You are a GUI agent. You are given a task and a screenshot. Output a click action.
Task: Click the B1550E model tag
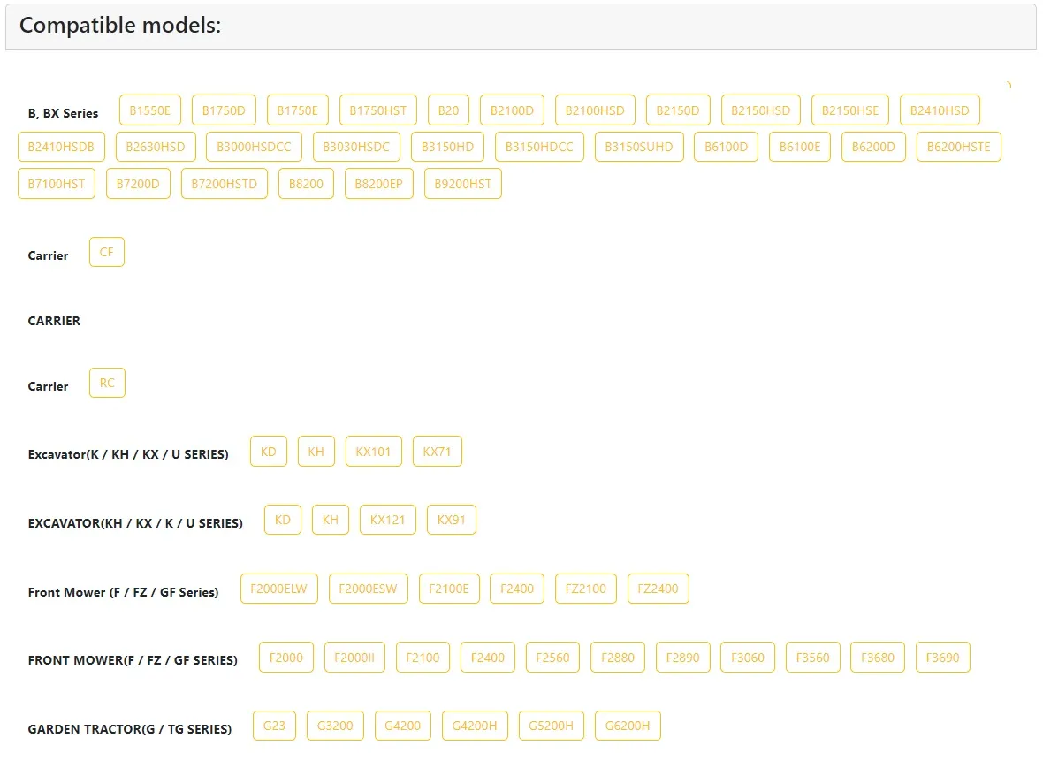click(x=150, y=110)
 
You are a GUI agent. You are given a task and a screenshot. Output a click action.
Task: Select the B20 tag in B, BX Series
click(x=448, y=110)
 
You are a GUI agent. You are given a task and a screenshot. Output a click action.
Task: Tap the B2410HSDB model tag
click(x=61, y=147)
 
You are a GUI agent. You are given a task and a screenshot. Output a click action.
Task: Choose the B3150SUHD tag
click(x=638, y=147)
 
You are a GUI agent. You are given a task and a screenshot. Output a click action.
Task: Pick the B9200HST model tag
click(x=463, y=184)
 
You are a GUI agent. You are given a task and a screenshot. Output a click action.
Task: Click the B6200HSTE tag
click(x=958, y=147)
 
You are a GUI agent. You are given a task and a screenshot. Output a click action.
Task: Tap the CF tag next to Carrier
click(x=106, y=252)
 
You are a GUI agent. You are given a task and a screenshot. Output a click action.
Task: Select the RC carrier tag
click(x=107, y=383)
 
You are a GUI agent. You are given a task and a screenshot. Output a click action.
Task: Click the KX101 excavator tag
click(x=373, y=452)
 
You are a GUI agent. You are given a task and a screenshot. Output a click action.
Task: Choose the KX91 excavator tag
click(x=451, y=520)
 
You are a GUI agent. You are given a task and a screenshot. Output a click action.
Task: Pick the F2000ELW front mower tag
click(x=278, y=589)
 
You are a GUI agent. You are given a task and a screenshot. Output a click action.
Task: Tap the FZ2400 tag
click(x=658, y=589)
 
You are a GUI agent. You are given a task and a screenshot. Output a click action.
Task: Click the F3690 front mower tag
click(x=942, y=658)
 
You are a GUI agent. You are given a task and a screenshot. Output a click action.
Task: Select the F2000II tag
click(x=354, y=658)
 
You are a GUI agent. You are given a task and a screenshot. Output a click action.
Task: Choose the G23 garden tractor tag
click(x=274, y=726)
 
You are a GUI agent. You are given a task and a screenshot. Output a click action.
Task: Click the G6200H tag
click(x=628, y=726)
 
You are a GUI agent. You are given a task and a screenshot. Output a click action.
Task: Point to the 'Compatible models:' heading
click(x=120, y=26)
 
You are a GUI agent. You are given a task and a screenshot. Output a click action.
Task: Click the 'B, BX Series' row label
click(x=63, y=113)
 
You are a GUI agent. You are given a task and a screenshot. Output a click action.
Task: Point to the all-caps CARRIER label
click(x=54, y=321)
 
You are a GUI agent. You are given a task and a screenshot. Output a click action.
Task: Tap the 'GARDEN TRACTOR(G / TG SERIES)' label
click(x=130, y=729)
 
